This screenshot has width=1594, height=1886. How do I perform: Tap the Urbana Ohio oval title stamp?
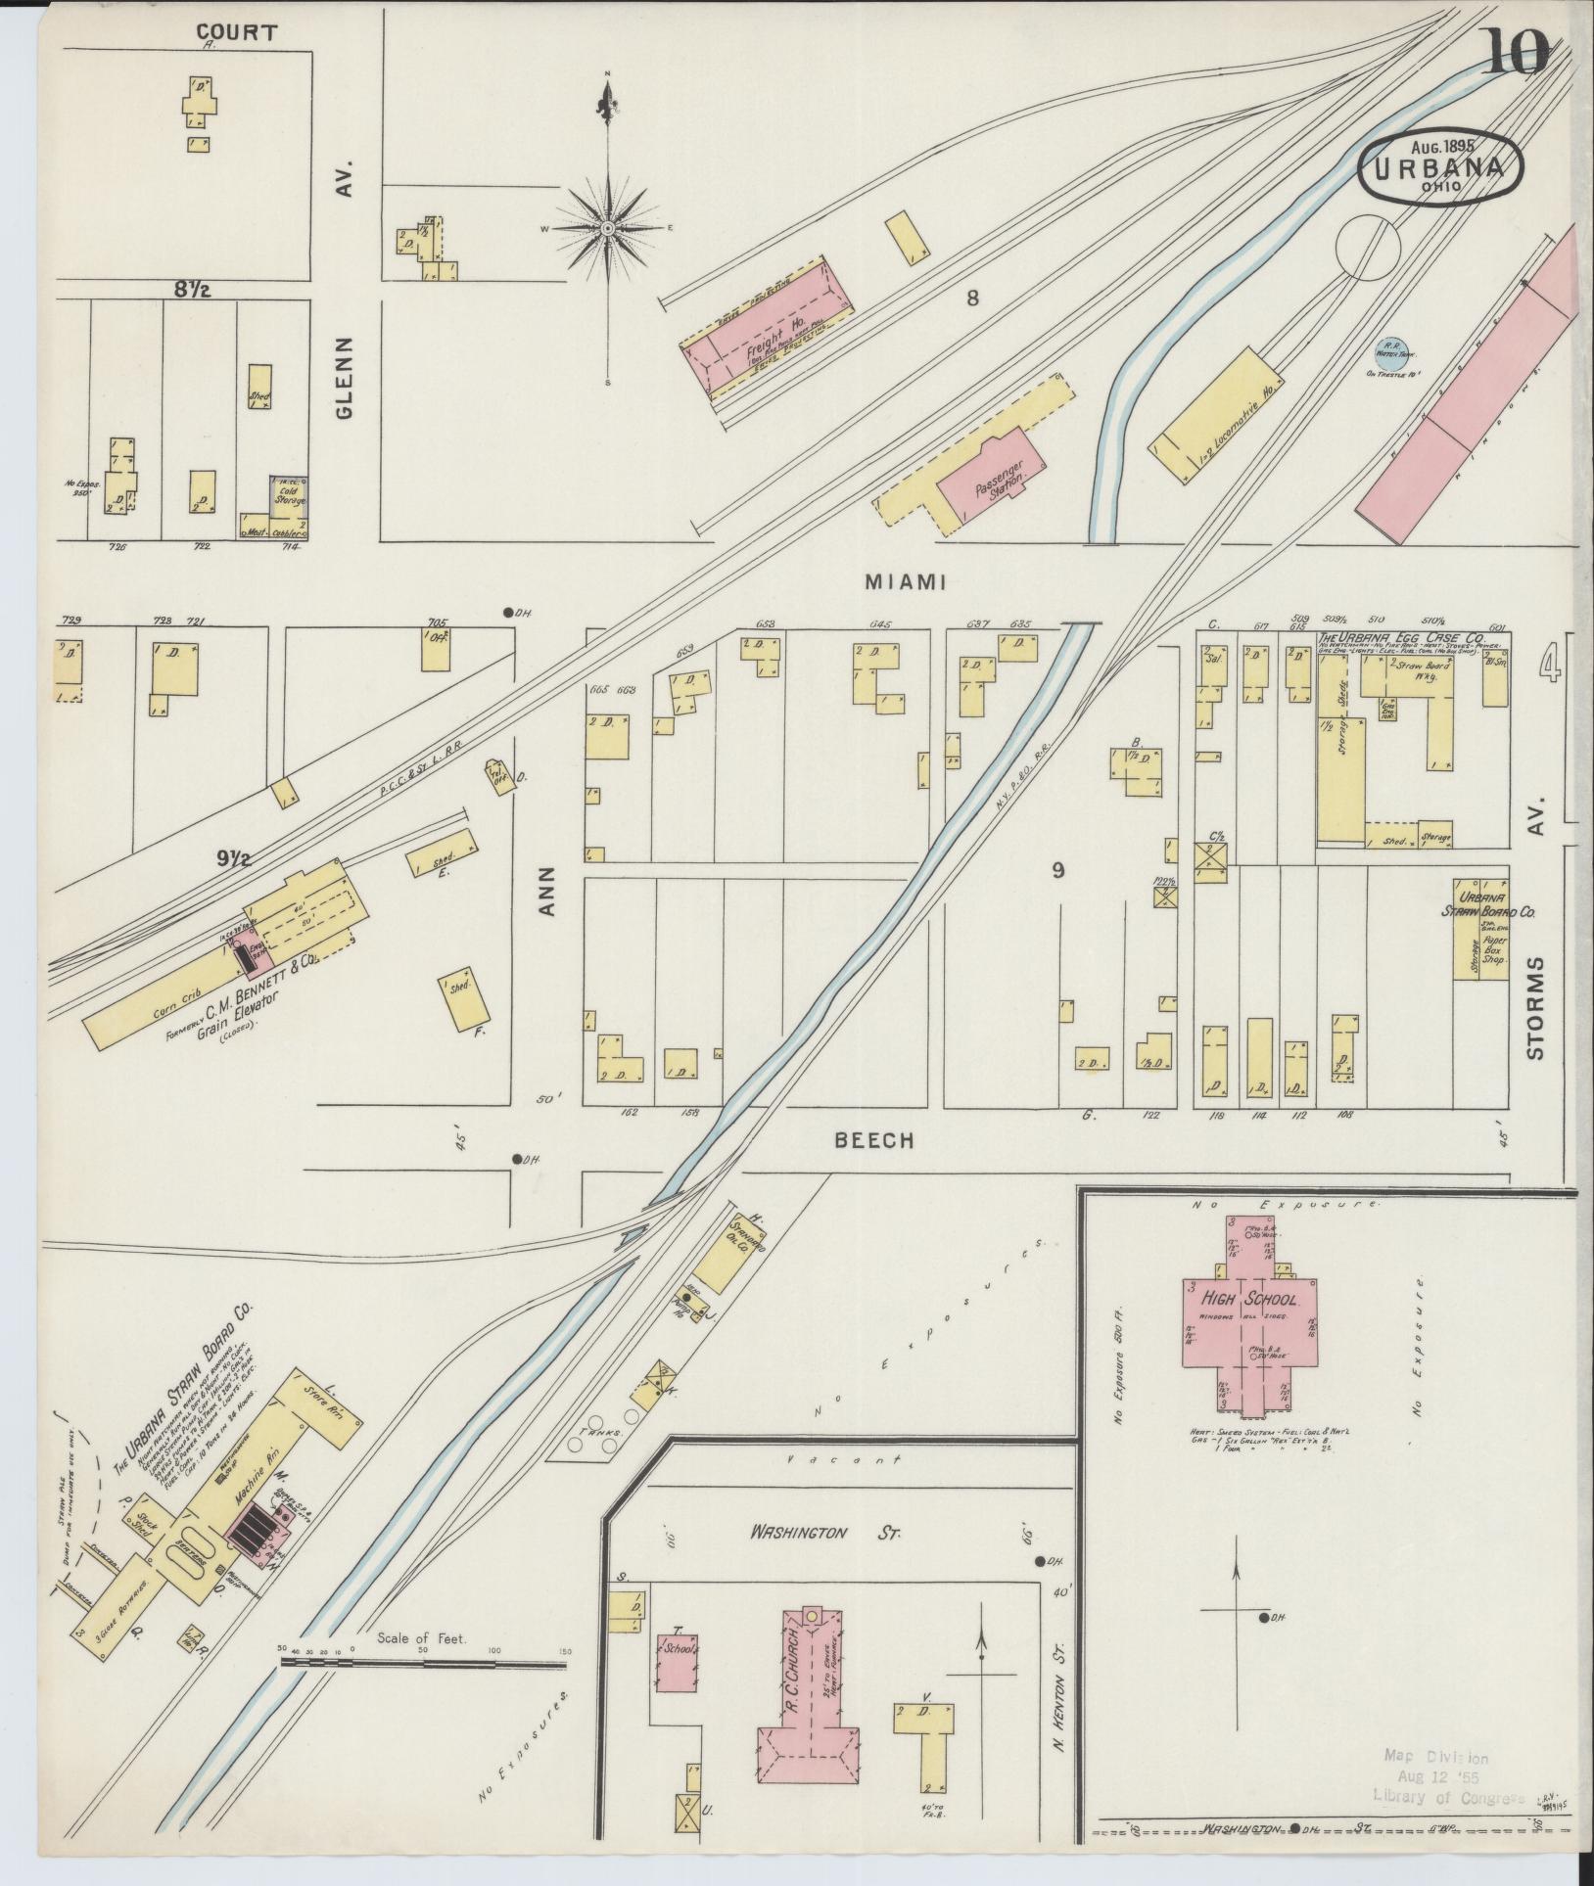(1439, 168)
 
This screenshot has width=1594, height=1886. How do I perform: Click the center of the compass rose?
(607, 228)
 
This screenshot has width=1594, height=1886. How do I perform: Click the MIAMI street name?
(904, 582)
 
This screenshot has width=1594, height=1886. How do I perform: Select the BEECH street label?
(874, 1140)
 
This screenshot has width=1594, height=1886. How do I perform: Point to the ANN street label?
(545, 892)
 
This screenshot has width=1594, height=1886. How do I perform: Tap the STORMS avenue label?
(1534, 1007)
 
